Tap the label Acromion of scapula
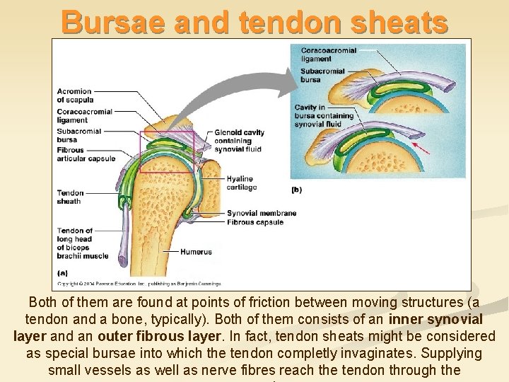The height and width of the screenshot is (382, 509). (74, 95)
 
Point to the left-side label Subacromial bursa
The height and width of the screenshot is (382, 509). (78, 135)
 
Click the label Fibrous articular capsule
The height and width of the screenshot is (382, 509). (86, 154)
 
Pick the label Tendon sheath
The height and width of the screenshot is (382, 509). (70, 197)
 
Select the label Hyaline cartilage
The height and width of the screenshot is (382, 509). (242, 183)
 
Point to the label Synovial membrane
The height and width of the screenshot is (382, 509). (261, 213)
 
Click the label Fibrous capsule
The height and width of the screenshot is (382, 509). (255, 222)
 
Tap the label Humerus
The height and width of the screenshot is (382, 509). (196, 252)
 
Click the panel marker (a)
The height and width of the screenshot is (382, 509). (62, 273)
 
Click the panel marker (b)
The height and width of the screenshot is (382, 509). (296, 190)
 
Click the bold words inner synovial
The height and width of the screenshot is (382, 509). (435, 319)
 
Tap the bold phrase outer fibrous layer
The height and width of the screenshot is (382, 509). (153, 336)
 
